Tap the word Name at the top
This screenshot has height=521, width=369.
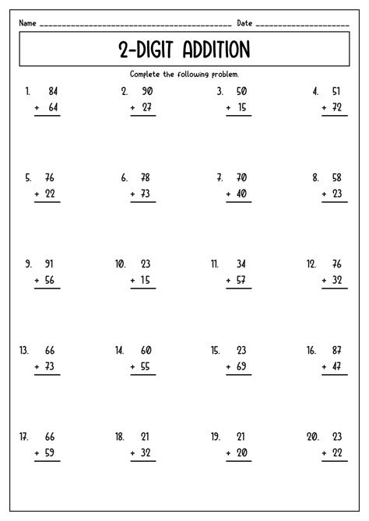(28, 23)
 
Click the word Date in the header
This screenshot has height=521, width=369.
(244, 23)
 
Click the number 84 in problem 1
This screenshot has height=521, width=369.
(52, 91)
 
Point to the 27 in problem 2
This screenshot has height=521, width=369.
(147, 108)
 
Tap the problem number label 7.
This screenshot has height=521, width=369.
(220, 178)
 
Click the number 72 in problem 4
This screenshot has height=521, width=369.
(337, 108)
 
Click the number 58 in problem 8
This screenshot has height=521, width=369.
(337, 178)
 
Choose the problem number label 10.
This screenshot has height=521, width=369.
(121, 264)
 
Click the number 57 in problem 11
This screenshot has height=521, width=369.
(242, 281)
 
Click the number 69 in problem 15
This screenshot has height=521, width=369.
(242, 367)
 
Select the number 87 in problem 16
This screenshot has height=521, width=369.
(337, 351)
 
